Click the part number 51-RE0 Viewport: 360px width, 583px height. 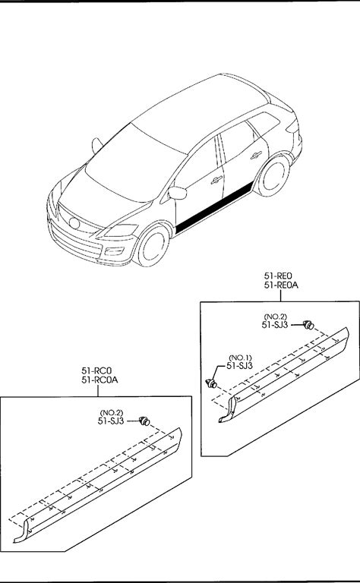(278, 276)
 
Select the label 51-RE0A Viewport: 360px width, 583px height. (281, 285)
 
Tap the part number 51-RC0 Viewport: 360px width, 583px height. (96, 370)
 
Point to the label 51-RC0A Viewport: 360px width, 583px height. (99, 380)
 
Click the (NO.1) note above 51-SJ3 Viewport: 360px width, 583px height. (240, 358)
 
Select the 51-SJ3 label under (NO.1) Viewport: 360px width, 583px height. (239, 366)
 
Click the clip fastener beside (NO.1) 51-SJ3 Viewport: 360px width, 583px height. (212, 383)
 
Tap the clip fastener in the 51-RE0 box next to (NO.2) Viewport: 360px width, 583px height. (308, 325)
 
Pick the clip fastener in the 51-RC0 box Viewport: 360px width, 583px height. (144, 421)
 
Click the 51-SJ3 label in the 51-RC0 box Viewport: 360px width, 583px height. (111, 421)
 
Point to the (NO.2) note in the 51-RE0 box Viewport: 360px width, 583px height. (276, 317)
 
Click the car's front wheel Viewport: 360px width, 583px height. (153, 245)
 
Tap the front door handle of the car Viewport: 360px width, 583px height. (216, 180)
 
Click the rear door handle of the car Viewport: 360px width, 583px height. (256, 155)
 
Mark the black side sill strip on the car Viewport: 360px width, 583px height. (214, 209)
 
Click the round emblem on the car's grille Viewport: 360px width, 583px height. (74, 223)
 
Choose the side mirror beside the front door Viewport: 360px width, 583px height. (177, 193)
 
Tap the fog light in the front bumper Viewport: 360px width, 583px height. (114, 251)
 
